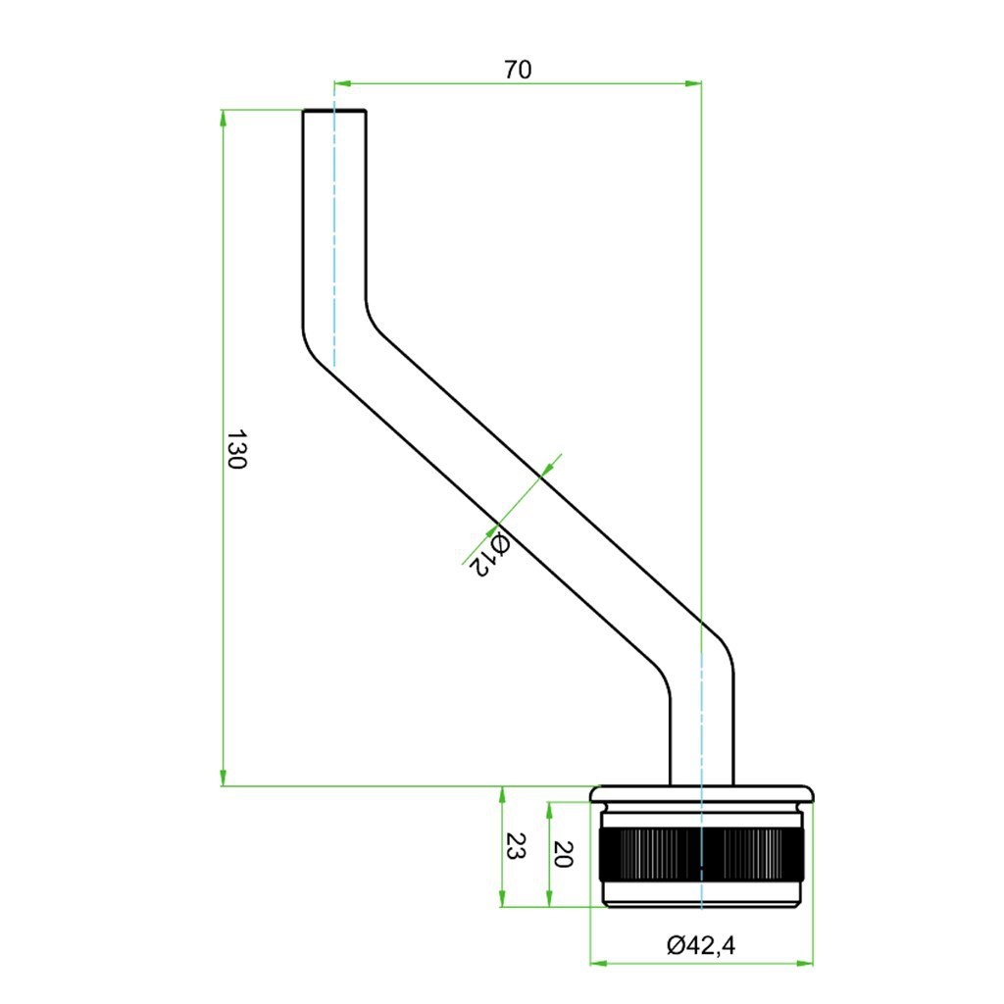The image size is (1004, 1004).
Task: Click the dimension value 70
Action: click(518, 70)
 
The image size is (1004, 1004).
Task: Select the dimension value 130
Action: click(236, 449)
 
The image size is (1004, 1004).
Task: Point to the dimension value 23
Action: click(516, 846)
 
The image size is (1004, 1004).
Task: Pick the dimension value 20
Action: click(562, 854)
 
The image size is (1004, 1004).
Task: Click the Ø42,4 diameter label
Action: click(701, 945)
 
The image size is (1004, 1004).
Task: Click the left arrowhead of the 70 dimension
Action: click(342, 83)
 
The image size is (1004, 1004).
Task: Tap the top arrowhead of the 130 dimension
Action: click(223, 119)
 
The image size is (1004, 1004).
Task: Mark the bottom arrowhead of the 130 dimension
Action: click(223, 777)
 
